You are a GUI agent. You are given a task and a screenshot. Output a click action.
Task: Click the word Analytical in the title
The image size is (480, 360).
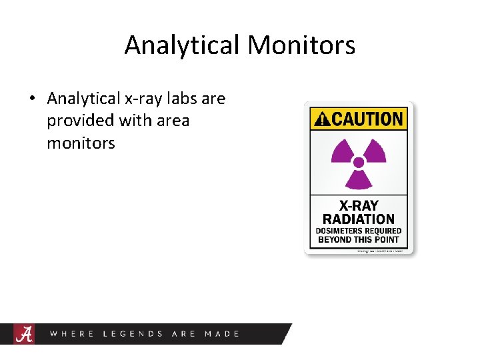pos(183,45)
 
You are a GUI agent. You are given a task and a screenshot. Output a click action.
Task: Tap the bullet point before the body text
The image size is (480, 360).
pos(32,99)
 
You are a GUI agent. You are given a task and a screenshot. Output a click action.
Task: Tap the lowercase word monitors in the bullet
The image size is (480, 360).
pos(81,143)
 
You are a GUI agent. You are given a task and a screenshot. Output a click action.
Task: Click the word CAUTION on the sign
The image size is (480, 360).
pos(367,120)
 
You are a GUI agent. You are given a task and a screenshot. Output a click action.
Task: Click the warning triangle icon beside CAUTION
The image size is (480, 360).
pos(321,120)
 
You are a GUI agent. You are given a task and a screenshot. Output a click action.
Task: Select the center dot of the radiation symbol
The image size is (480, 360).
pos(359,162)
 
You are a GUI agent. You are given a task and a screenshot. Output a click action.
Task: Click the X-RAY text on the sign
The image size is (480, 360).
pos(359,205)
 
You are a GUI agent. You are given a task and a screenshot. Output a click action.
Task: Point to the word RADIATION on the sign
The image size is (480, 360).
pos(359,219)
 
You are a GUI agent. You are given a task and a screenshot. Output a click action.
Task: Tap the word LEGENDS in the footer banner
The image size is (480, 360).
pos(133,333)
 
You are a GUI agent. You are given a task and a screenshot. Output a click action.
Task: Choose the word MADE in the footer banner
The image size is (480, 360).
pos(222,333)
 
